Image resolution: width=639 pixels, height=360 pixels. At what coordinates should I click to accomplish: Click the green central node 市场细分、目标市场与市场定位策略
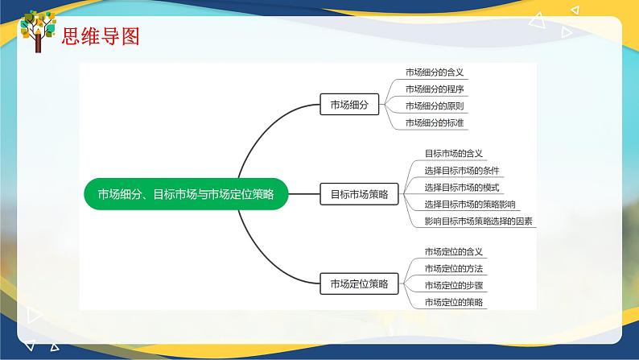point(186,194)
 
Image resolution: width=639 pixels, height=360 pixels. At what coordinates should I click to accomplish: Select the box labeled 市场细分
point(349,105)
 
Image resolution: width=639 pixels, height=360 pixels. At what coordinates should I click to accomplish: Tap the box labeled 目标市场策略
point(359,194)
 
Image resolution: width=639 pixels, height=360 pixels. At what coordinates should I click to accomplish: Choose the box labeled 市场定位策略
point(359,283)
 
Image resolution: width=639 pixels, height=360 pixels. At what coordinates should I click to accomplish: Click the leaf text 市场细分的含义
point(435,72)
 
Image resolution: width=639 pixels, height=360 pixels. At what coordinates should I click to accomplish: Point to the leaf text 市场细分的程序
point(435,89)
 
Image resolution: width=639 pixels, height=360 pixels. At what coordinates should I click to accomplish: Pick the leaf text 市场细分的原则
point(435,106)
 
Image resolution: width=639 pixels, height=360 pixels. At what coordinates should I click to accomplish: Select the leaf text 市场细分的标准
point(435,122)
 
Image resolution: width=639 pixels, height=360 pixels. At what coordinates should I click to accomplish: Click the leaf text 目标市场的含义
point(454,154)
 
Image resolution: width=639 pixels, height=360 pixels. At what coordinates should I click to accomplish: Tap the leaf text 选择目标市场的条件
point(462,171)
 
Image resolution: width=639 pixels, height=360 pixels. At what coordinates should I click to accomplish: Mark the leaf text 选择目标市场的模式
point(462,188)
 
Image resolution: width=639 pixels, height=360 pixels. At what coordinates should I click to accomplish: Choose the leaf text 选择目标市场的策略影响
point(470,205)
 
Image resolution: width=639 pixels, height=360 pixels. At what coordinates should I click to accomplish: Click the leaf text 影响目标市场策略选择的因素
point(478,221)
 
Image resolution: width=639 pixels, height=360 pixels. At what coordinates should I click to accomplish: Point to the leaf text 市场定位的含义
point(454,252)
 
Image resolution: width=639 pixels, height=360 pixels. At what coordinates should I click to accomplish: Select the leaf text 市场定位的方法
point(454,269)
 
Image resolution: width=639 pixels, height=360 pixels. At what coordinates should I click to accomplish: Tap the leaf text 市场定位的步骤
point(454,285)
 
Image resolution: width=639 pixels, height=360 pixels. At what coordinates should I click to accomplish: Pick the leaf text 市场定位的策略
point(454,302)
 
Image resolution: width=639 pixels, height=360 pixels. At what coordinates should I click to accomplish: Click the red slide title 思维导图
point(101,36)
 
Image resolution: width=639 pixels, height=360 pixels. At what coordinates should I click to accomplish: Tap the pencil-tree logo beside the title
point(38,31)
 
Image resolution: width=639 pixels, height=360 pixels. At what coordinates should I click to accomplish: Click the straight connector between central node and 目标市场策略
point(304,194)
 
